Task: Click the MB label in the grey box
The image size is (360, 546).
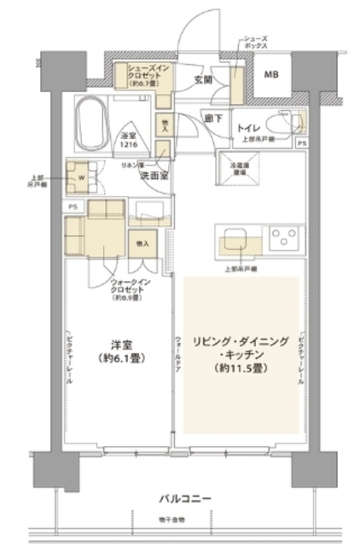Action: click(x=270, y=74)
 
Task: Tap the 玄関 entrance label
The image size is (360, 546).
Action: click(x=202, y=81)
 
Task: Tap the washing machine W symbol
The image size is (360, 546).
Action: click(x=82, y=177)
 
